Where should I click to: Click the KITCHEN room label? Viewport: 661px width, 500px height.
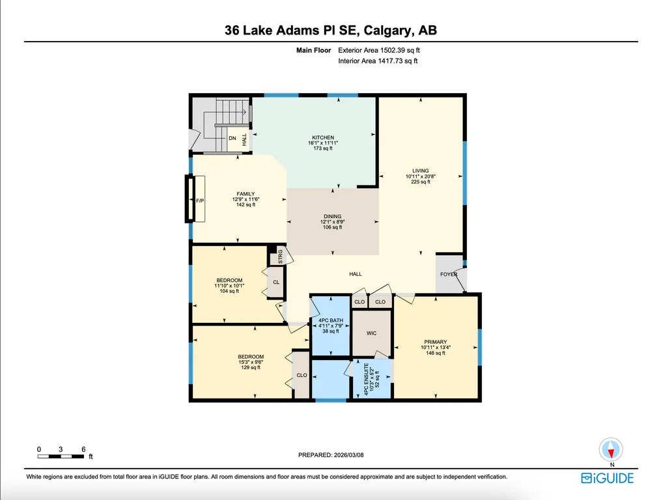click(323, 137)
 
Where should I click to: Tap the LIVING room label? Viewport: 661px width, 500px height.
click(420, 171)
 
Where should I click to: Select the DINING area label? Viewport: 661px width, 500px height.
click(333, 216)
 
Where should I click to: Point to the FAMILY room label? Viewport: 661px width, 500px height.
click(246, 194)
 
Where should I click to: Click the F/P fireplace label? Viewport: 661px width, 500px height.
click(200, 201)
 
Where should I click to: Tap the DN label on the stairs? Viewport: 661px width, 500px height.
click(232, 138)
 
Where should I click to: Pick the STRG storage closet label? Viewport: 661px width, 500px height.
click(280, 257)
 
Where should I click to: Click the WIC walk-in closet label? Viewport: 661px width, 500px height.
click(371, 333)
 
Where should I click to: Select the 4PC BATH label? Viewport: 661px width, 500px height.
click(331, 320)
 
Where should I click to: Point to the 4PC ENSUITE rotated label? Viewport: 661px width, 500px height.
click(367, 379)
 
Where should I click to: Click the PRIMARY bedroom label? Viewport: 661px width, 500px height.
click(436, 342)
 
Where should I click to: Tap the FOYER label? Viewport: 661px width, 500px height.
click(449, 274)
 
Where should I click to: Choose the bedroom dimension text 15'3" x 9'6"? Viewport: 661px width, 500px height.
click(251, 362)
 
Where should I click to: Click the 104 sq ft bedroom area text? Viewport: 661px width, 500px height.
click(229, 291)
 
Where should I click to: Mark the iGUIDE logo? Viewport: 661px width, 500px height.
click(608, 478)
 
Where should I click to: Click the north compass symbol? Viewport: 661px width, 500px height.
click(611, 449)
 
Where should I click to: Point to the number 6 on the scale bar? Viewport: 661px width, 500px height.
click(83, 449)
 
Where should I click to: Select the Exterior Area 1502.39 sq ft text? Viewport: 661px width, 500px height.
click(379, 50)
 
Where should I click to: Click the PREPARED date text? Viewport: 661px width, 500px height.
click(331, 455)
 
